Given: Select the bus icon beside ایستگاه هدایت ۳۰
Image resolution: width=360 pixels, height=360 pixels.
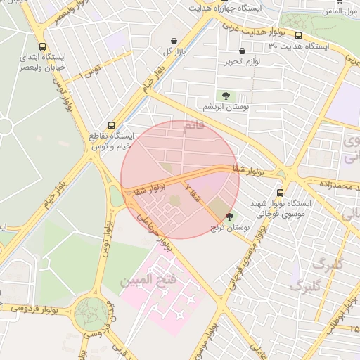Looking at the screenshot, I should (298, 35).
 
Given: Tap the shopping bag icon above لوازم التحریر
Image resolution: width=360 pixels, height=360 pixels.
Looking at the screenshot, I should (242, 51).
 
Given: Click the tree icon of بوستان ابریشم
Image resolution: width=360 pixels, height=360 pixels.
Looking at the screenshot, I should (225, 95).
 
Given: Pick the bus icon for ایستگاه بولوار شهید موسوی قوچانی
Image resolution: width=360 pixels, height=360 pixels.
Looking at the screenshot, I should (281, 192).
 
